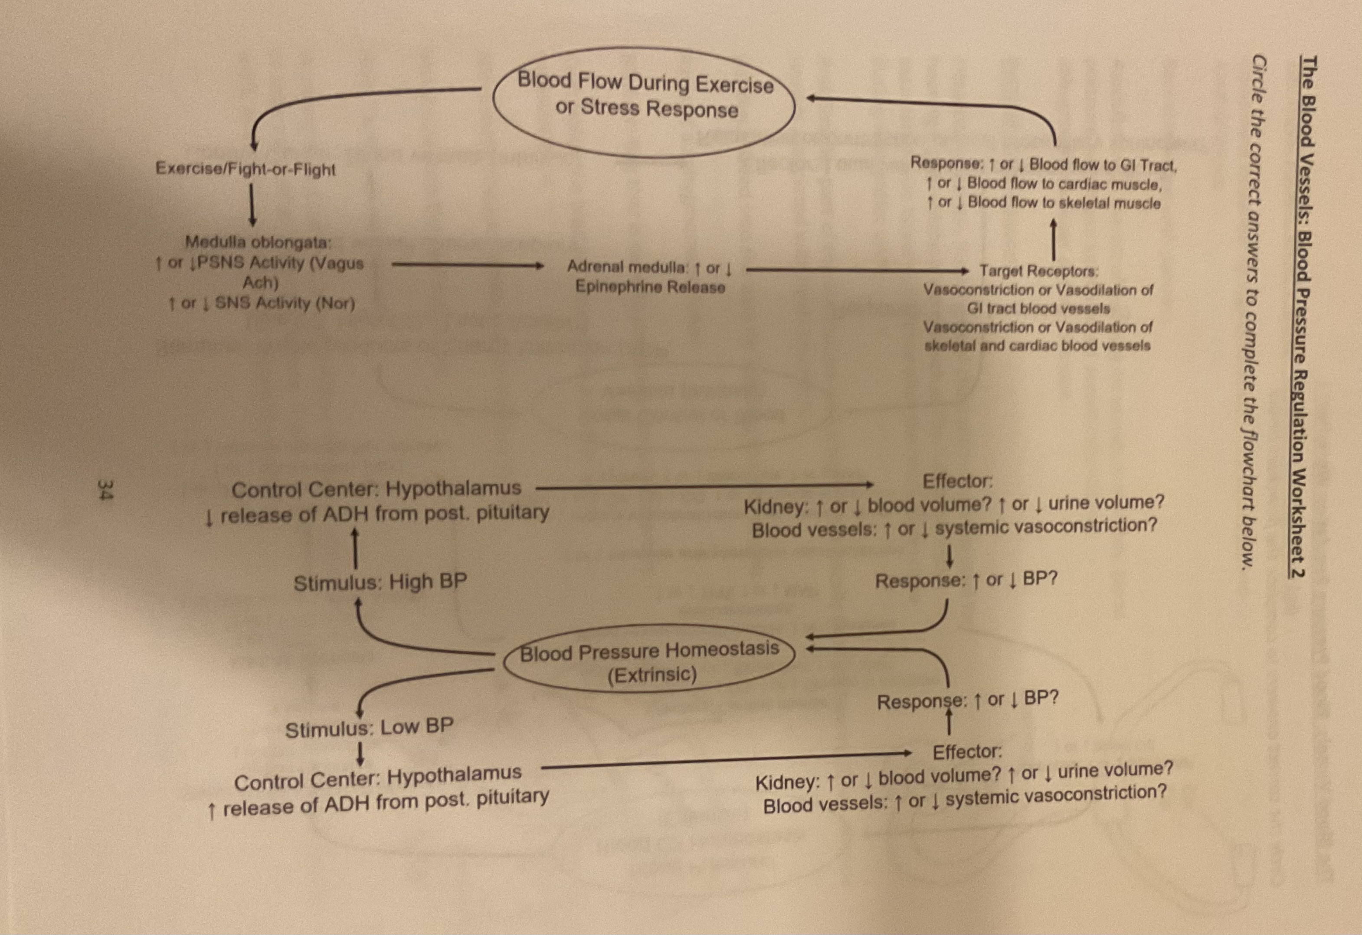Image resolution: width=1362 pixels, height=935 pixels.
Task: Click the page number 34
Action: click(x=104, y=490)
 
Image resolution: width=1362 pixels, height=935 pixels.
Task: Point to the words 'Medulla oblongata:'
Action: click(x=259, y=241)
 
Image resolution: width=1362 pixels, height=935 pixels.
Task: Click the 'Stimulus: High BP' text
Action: click(x=380, y=582)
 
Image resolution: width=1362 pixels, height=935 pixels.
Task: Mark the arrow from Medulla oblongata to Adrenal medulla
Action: click(x=467, y=265)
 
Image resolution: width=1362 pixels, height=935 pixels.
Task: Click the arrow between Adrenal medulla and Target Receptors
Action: click(x=856, y=270)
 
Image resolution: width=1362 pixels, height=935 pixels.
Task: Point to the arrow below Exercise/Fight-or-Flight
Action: click(x=252, y=205)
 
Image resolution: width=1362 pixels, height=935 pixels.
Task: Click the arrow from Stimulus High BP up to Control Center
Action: click(x=354, y=548)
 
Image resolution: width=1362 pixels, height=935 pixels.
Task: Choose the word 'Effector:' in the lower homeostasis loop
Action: click(x=967, y=752)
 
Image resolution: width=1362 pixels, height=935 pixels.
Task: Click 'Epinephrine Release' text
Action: click(x=650, y=287)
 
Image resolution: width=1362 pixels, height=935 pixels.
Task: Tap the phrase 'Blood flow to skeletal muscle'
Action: click(x=1064, y=203)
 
